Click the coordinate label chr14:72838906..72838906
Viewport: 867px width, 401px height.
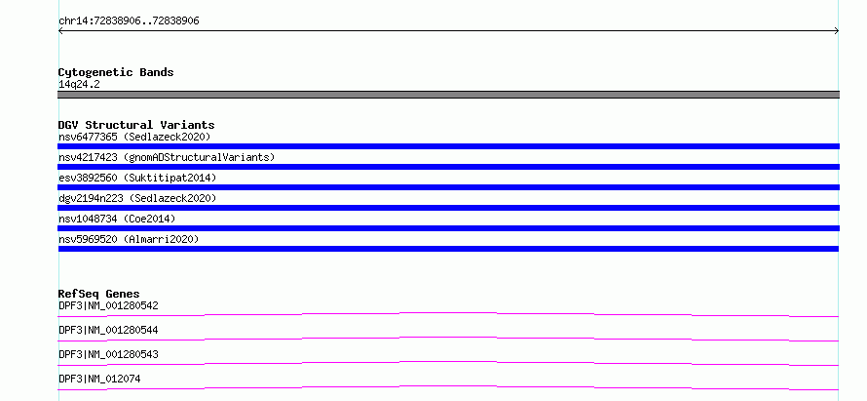(x=129, y=21)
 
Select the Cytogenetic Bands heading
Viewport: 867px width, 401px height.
(x=116, y=72)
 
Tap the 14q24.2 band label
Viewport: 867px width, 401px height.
(x=79, y=85)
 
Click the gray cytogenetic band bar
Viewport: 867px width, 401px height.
(x=448, y=95)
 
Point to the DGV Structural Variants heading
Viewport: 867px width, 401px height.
(x=136, y=125)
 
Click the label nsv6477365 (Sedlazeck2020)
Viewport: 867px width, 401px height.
(x=134, y=137)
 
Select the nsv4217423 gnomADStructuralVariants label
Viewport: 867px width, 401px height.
(x=167, y=157)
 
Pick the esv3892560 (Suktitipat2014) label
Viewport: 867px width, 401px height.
(x=137, y=178)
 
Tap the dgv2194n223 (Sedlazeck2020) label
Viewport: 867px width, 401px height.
(x=137, y=198)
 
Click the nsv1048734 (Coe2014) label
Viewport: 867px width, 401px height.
(x=117, y=219)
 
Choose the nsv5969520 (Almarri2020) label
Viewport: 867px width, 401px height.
(x=129, y=239)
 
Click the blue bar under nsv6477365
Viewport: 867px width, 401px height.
(x=448, y=146)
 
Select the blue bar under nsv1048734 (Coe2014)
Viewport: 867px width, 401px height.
(x=448, y=228)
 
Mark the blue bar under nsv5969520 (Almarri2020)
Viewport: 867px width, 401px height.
(x=448, y=249)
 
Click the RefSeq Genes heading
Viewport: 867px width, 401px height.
(x=99, y=294)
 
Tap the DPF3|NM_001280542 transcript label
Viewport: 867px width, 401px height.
(x=108, y=305)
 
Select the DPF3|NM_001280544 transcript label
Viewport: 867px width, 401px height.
(x=108, y=330)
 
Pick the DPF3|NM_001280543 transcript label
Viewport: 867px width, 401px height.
(x=108, y=354)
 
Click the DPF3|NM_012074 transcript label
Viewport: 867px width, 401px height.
(x=99, y=379)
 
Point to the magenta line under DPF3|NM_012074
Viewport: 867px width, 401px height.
(x=448, y=386)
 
